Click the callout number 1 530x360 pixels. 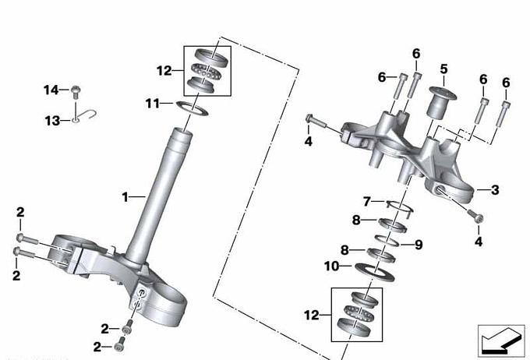coord(125,196)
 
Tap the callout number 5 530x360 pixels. coord(443,69)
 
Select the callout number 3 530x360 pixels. coord(495,190)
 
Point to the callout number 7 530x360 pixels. coord(367,202)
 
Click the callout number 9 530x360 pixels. coord(419,245)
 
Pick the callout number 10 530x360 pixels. coord(331,266)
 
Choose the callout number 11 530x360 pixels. coord(153,103)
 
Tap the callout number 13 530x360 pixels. coord(52,120)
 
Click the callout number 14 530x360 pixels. coord(51,90)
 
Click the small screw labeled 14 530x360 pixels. coord(76,92)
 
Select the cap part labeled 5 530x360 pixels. coord(442,102)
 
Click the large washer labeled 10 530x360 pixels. coord(375,273)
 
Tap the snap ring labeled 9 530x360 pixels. coord(387,241)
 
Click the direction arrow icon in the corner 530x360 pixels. coord(501,341)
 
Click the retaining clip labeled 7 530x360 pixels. coord(400,206)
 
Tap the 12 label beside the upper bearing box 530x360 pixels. coord(164,71)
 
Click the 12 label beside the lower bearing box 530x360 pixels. coord(312,316)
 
